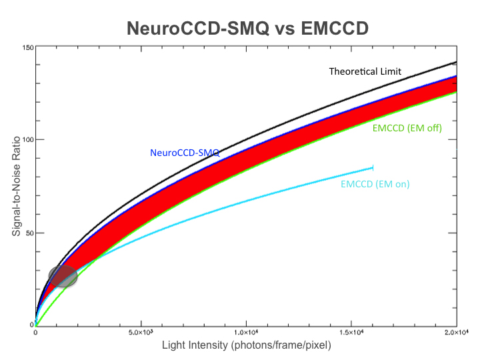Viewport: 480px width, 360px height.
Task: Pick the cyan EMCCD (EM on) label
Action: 375,184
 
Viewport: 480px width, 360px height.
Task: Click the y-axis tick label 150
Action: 27,47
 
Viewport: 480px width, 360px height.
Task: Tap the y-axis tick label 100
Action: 27,140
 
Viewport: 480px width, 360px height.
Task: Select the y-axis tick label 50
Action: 29,233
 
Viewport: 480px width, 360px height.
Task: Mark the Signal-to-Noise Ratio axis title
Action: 15,189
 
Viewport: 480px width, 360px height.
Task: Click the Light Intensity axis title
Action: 246,345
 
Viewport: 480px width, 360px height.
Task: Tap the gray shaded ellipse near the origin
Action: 63,275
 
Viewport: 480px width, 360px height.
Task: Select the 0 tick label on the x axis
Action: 35,332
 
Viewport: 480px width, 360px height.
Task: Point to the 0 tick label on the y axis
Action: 31,325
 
